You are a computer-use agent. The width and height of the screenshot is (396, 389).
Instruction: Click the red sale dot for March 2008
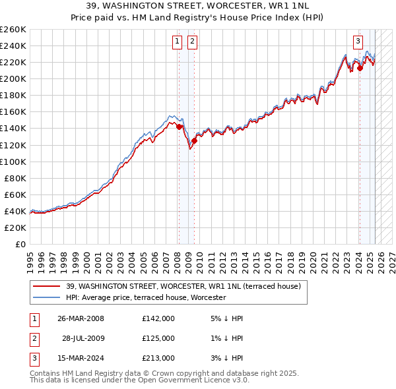(179, 127)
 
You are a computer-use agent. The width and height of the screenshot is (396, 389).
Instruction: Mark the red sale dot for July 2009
(194, 140)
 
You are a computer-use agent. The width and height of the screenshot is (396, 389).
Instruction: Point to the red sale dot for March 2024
(360, 68)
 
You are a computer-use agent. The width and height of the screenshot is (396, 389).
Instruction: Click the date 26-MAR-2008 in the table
(81, 318)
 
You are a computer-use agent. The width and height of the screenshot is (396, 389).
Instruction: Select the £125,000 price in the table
(158, 338)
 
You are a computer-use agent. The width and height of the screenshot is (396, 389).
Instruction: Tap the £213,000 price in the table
(158, 358)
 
